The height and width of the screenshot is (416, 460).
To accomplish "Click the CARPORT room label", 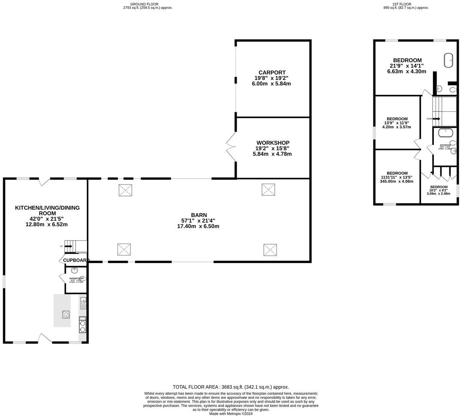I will point(272,72).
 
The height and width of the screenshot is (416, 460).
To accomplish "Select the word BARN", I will point(199,215).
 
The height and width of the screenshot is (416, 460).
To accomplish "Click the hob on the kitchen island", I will point(66,314).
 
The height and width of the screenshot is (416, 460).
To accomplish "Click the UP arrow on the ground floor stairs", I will point(68,246).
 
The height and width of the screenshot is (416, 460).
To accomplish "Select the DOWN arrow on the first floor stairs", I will point(436,119).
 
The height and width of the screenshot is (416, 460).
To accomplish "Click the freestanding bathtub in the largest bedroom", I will point(448,60).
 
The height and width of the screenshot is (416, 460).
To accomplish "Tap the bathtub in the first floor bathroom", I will point(445,132).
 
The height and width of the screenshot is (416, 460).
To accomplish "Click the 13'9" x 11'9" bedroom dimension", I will point(397,123).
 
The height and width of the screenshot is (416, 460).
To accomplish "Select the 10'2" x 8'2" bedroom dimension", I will point(438,190).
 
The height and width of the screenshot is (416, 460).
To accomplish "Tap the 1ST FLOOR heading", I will point(406,4).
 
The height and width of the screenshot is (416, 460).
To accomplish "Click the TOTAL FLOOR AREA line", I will point(231,387).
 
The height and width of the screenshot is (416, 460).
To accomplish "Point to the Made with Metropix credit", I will point(231,413).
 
